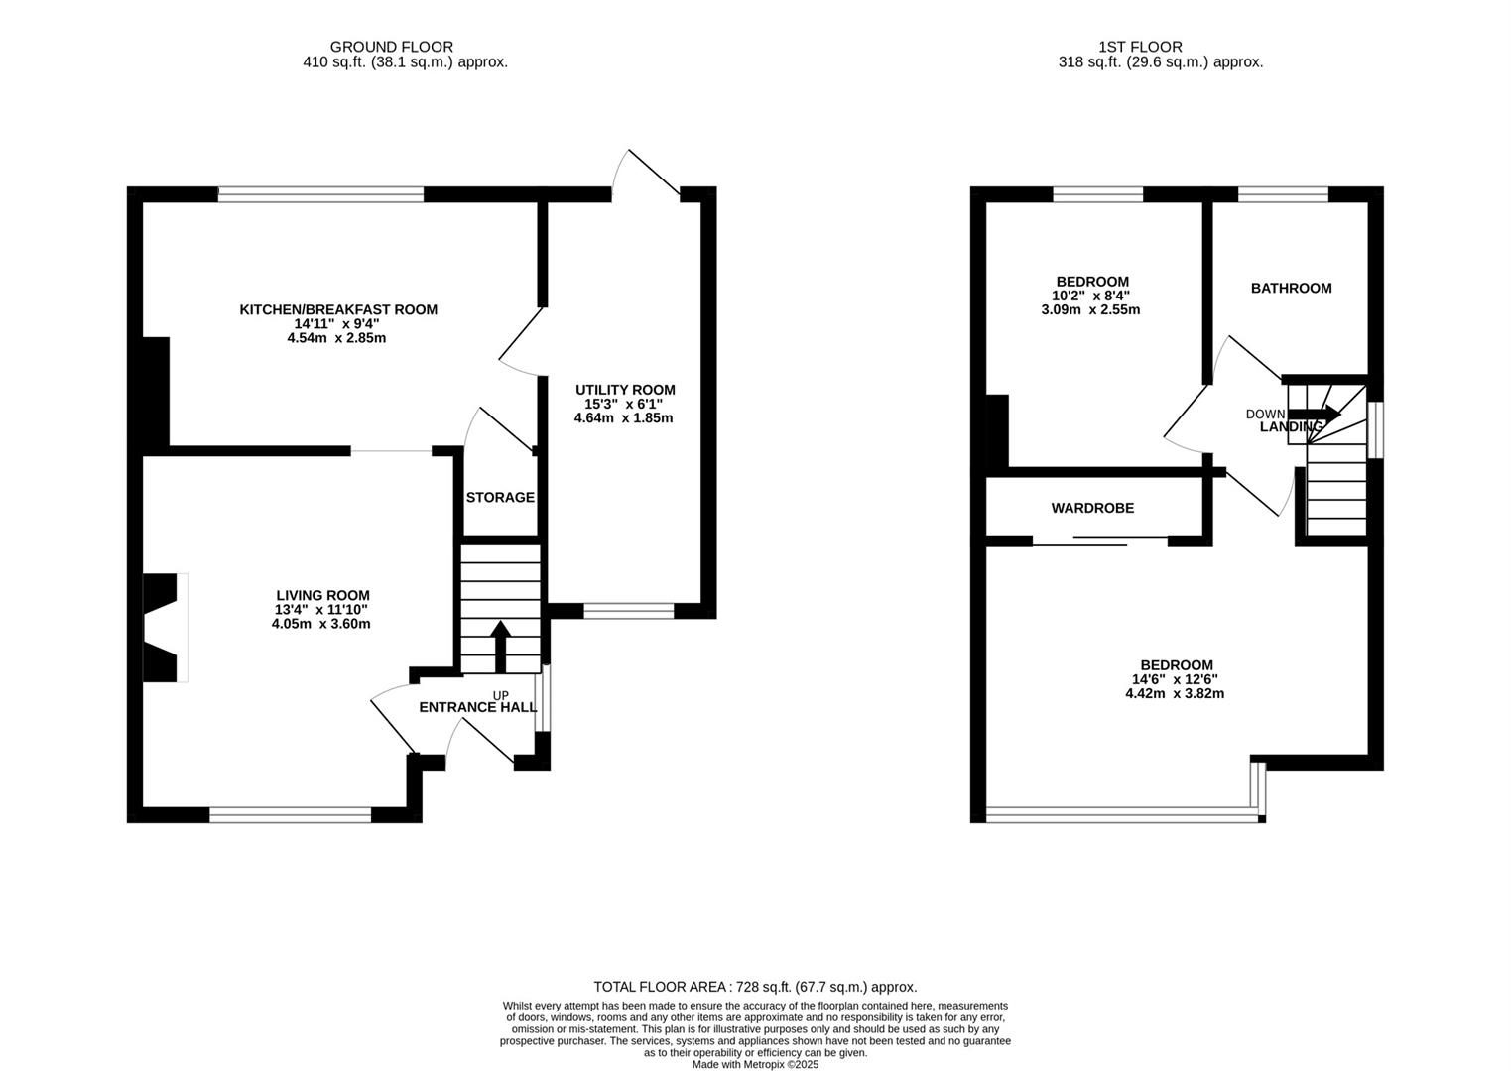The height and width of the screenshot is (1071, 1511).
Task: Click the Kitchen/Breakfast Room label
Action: coord(338,309)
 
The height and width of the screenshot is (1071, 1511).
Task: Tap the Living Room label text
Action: coord(322,595)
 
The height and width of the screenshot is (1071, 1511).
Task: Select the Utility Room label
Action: coord(625,390)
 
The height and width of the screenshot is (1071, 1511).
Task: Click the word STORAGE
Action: coord(500,497)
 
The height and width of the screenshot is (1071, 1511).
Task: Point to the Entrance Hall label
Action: coord(477,707)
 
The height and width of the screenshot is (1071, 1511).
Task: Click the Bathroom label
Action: coord(1291,288)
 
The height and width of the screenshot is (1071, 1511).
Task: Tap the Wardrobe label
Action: coord(1092,508)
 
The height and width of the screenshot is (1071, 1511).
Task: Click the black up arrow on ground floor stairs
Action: coord(501,646)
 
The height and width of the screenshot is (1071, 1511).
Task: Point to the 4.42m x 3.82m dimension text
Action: coord(1175,693)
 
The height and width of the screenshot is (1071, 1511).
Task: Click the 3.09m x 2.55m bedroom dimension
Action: coord(1090,309)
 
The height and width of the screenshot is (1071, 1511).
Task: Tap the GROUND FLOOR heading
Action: coord(391,47)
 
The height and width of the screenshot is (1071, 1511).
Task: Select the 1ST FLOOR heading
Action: coord(1140,47)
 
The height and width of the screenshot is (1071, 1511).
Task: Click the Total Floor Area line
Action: coord(755,987)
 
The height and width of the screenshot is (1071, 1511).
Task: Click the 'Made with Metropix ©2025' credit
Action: coord(755,1064)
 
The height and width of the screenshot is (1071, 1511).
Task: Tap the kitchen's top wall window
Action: coord(320,194)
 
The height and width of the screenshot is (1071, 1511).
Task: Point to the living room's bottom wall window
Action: coord(290,815)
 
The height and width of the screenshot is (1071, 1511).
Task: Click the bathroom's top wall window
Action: coord(1283,194)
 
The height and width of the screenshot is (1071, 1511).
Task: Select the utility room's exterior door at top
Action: coord(646,174)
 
